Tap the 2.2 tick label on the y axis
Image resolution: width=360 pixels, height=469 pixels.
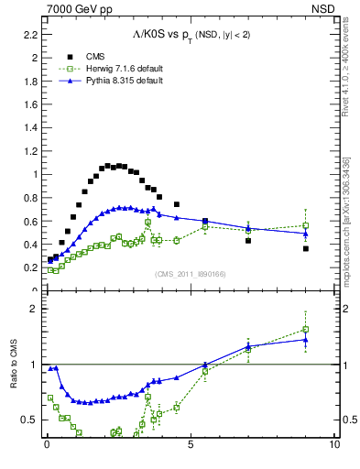(x=30, y=34)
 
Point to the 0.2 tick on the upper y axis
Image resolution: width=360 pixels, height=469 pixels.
(x=30, y=267)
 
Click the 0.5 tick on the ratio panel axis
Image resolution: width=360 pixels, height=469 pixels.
(x=30, y=420)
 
